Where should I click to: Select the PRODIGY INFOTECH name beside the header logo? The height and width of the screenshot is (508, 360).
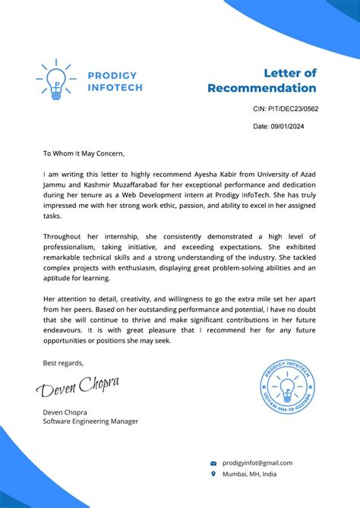[112, 81]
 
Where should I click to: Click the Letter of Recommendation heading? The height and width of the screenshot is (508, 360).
[262, 80]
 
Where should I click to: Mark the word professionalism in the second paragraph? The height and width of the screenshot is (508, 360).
[79, 248]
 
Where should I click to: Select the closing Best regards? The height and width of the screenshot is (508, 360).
[64, 362]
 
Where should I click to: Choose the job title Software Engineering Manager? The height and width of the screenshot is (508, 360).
[90, 421]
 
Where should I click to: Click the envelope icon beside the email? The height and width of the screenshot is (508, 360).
[213, 463]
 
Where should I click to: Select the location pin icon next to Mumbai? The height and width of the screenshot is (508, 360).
[213, 474]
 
